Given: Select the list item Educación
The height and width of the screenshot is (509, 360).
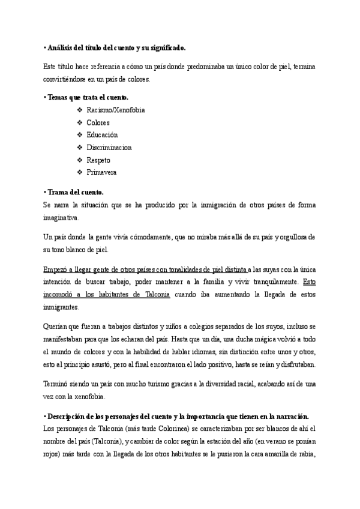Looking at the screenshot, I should pos(102,135).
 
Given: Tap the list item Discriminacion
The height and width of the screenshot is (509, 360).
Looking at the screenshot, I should pos(109,148).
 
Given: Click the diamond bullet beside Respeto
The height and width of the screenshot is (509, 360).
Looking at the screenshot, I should pos(80,160).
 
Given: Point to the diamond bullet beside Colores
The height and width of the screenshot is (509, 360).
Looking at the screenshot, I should pos(80,122).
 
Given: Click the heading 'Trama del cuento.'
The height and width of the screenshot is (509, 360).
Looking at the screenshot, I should pos(75,192).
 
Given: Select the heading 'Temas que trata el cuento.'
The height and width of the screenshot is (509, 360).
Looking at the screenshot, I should pos(88,97).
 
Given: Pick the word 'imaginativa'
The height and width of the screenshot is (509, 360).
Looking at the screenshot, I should pos(61,217).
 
